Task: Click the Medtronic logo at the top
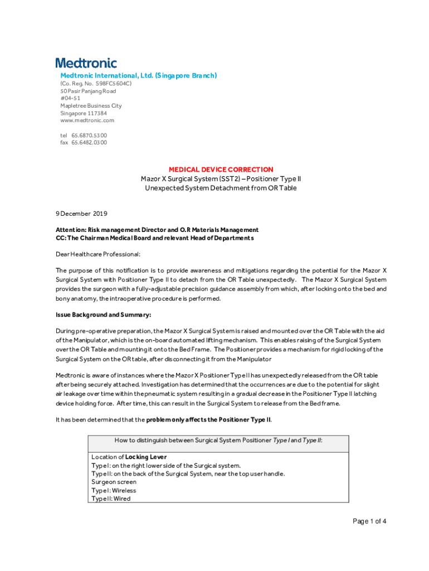(x=86, y=63)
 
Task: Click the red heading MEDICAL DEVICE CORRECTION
(x=221, y=170)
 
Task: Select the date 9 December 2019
(x=81, y=214)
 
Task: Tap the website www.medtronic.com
(x=87, y=120)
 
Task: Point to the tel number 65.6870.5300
(x=89, y=135)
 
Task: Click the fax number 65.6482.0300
(x=89, y=142)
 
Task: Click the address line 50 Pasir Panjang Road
(x=88, y=91)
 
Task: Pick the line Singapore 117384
(x=84, y=113)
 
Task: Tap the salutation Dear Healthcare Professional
(x=97, y=254)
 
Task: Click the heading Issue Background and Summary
(x=103, y=315)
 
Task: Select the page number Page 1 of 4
(x=369, y=521)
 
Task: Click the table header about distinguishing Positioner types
(x=218, y=441)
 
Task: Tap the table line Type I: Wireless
(x=114, y=491)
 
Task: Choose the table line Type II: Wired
(x=111, y=499)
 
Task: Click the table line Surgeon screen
(x=114, y=482)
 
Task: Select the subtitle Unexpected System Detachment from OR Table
(x=221, y=188)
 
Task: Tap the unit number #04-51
(x=70, y=98)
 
